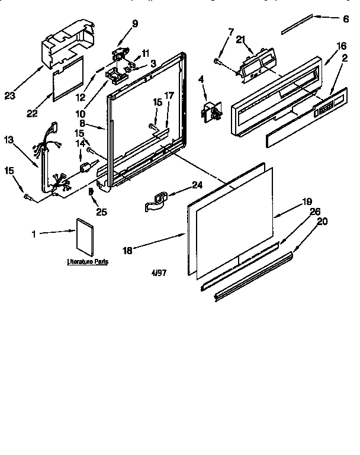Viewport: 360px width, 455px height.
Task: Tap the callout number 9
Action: tap(135, 24)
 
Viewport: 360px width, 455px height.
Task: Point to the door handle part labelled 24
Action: tap(158, 200)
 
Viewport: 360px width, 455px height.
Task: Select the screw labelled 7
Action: tap(218, 60)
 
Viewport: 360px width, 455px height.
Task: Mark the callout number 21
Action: tap(240, 39)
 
